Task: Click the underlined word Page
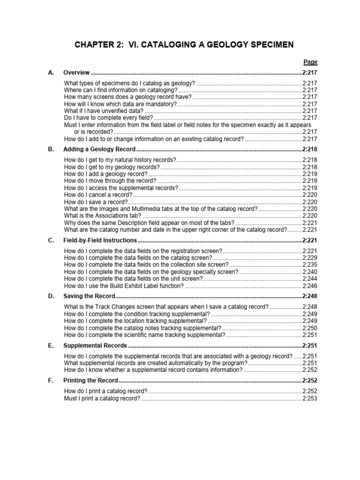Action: [310, 62]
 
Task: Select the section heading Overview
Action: [76, 73]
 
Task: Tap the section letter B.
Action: [51, 149]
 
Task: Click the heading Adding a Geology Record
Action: [99, 149]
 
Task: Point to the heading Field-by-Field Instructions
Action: [100, 240]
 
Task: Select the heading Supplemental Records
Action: [95, 345]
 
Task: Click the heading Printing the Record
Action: [90, 380]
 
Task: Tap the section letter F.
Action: [51, 380]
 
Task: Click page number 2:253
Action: [310, 398]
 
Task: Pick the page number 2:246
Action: [310, 285]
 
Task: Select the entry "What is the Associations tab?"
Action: [103, 216]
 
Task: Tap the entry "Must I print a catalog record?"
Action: [102, 398]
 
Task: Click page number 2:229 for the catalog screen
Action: [310, 258]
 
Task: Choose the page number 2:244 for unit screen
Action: [310, 278]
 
